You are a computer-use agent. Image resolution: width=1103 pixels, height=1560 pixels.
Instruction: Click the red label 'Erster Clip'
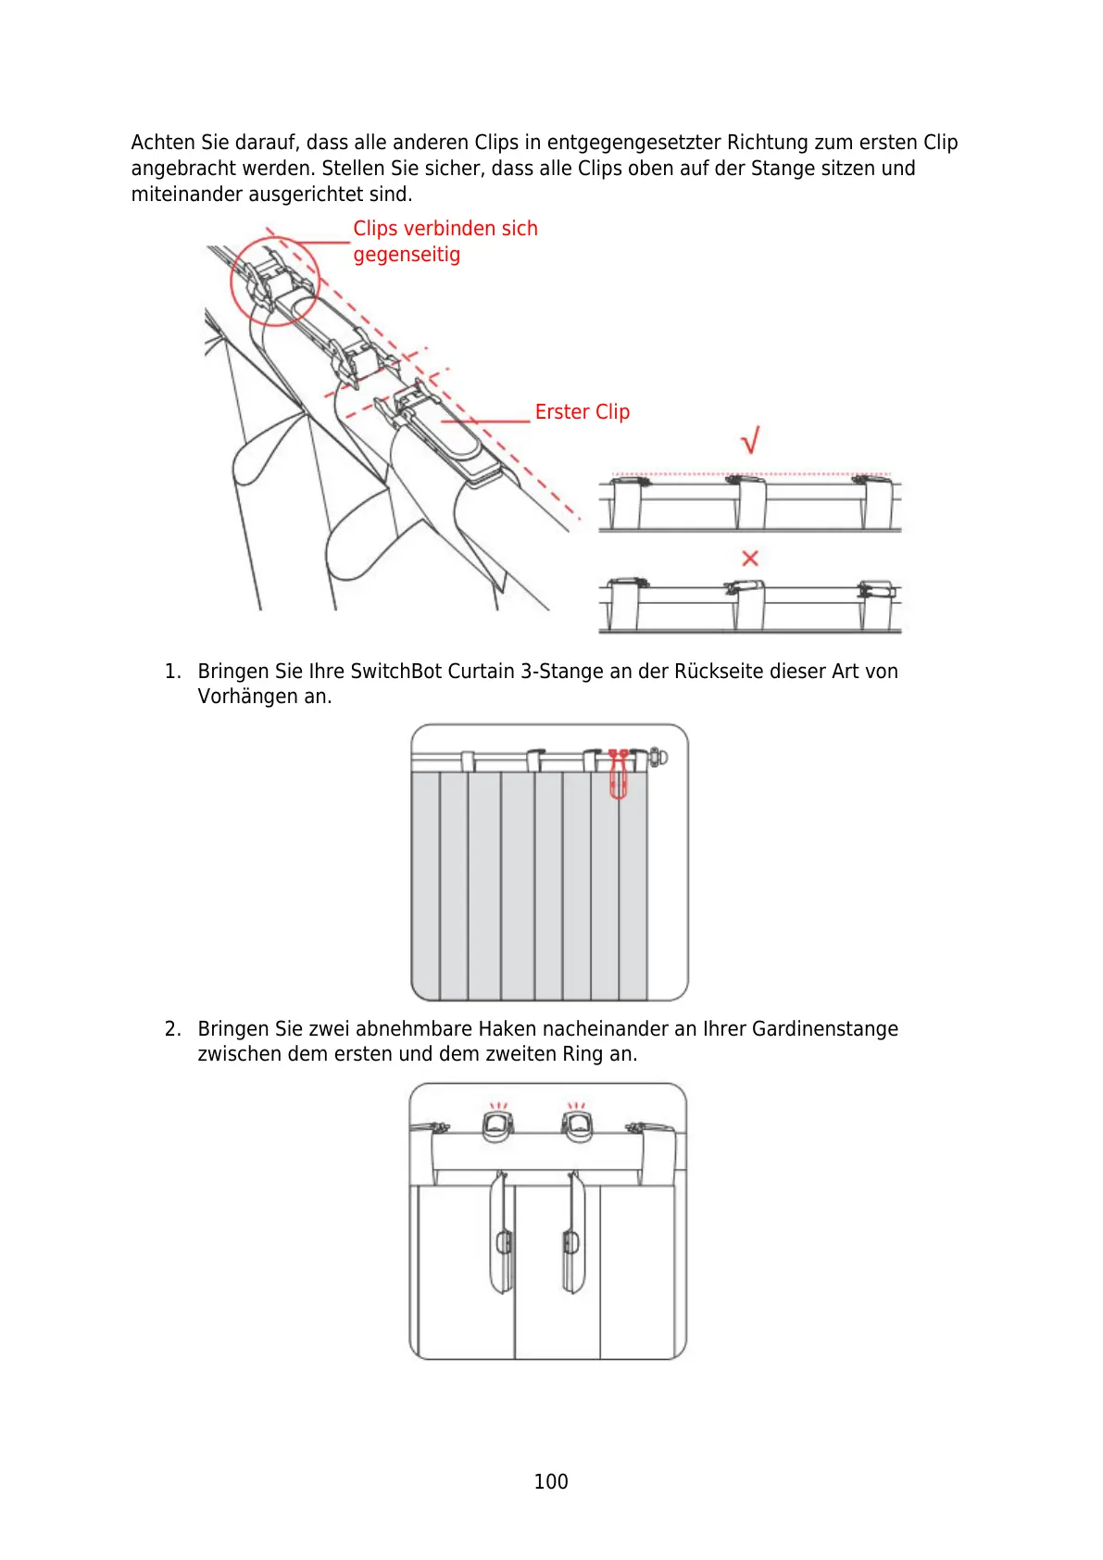(x=582, y=412)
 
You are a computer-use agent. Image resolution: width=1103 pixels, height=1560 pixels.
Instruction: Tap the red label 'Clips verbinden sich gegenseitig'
(x=445, y=241)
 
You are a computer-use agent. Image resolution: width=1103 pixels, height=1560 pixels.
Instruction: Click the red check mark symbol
(x=751, y=440)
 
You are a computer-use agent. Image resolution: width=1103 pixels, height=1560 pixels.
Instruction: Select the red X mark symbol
(x=750, y=558)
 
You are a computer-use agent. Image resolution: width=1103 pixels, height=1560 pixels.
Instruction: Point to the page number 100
(x=551, y=1481)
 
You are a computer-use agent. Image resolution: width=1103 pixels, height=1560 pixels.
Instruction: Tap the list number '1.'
(x=172, y=672)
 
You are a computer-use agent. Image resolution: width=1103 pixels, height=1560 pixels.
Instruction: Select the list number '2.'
(x=172, y=1029)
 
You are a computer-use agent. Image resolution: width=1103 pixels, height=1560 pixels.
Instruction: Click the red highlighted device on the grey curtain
(x=618, y=774)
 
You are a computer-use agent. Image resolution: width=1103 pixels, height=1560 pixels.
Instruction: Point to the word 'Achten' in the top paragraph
(x=163, y=143)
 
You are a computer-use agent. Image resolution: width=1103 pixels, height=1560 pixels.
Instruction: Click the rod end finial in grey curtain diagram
(x=659, y=757)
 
